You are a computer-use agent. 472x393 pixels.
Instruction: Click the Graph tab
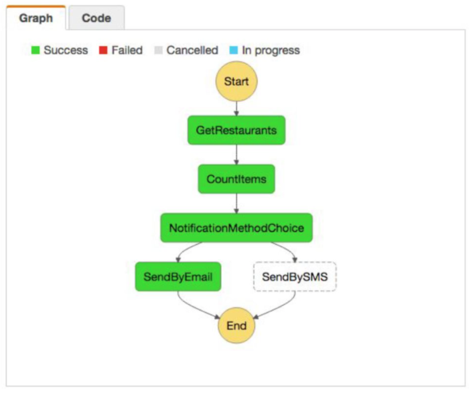pyautogui.click(x=36, y=18)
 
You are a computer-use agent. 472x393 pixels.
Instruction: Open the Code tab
pyautogui.click(x=96, y=18)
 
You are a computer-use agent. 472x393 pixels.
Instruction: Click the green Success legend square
pyautogui.click(x=36, y=50)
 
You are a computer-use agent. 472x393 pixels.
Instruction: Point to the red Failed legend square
pyautogui.click(x=103, y=50)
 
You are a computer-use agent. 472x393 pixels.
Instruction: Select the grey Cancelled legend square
pyautogui.click(x=158, y=50)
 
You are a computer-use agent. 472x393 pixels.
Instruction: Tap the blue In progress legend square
pyautogui.click(x=234, y=50)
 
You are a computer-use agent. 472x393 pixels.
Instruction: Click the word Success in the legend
pyautogui.click(x=65, y=50)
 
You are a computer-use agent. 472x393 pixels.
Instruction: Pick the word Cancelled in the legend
pyautogui.click(x=192, y=50)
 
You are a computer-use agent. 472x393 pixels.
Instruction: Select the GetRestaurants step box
pyautogui.click(x=236, y=130)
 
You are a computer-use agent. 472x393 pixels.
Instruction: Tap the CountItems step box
pyautogui.click(x=236, y=179)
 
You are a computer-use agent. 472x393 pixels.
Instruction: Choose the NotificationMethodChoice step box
pyautogui.click(x=236, y=228)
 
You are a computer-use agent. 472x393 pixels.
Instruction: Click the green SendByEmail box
pyautogui.click(x=178, y=277)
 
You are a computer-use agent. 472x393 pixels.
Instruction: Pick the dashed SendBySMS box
pyautogui.click(x=294, y=277)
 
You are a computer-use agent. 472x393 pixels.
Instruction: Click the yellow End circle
pyautogui.click(x=236, y=325)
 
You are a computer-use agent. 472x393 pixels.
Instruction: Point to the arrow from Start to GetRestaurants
pyautogui.click(x=236, y=109)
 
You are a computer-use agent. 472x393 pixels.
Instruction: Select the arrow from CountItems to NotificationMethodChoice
pyautogui.click(x=236, y=203)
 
